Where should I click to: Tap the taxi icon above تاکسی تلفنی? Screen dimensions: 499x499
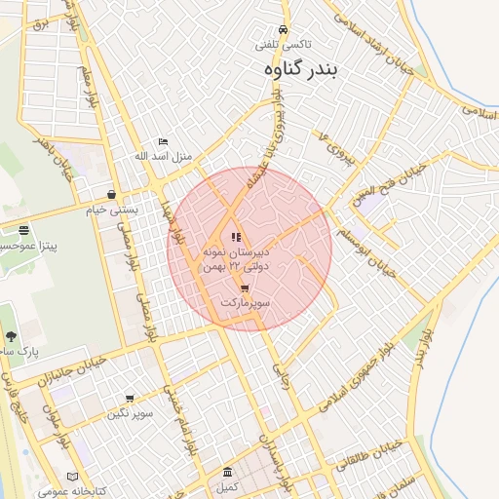coord(283,30)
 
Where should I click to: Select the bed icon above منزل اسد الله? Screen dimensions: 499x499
coord(163,141)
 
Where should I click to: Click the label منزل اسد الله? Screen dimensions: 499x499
coord(164,156)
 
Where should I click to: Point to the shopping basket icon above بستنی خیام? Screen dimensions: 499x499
coord(113,195)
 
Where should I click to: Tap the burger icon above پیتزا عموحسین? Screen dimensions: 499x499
coord(23,230)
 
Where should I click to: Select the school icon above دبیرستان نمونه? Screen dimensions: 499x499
coord(235,237)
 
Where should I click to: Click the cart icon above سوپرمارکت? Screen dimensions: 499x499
coord(244,288)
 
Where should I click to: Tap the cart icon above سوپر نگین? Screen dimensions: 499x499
coord(130,398)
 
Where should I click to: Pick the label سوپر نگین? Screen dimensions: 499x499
coord(131,412)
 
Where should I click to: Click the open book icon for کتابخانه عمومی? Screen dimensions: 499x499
coord(72,476)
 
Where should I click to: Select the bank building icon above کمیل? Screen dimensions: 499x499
coord(227,472)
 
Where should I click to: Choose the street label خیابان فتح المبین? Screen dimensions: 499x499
coord(390,185)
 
